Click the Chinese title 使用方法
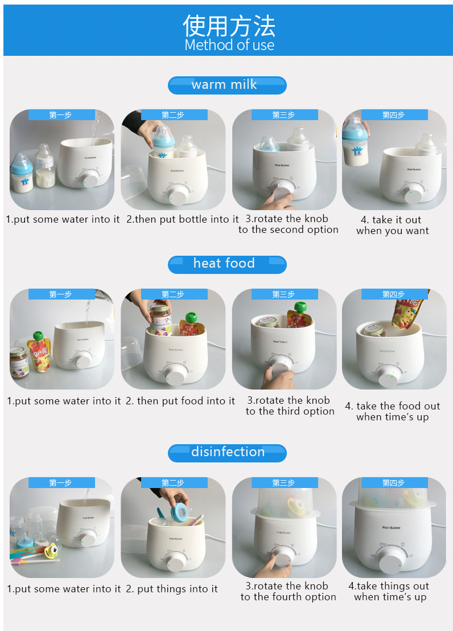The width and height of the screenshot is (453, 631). click(x=229, y=25)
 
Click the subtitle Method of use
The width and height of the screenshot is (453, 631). click(x=229, y=45)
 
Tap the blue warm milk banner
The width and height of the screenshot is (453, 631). click(x=226, y=85)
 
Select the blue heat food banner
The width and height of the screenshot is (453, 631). click(x=226, y=264)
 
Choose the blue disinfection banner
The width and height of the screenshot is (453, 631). click(x=226, y=452)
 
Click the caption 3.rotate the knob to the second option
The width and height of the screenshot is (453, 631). click(x=288, y=224)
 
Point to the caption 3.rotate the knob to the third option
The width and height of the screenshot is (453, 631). click(x=290, y=405)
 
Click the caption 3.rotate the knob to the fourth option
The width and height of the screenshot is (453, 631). click(x=288, y=591)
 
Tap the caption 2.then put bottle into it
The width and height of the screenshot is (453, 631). click(x=182, y=219)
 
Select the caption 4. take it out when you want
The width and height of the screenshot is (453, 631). click(x=392, y=225)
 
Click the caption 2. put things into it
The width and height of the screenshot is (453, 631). click(x=171, y=589)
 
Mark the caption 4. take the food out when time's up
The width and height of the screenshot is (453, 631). click(x=392, y=411)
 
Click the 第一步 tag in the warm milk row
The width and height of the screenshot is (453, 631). click(x=61, y=115)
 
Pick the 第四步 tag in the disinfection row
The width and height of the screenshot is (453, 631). click(x=393, y=483)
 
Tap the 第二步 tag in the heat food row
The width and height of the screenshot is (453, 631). click(x=172, y=294)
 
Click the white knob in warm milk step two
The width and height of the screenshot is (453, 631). click(x=178, y=196)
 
